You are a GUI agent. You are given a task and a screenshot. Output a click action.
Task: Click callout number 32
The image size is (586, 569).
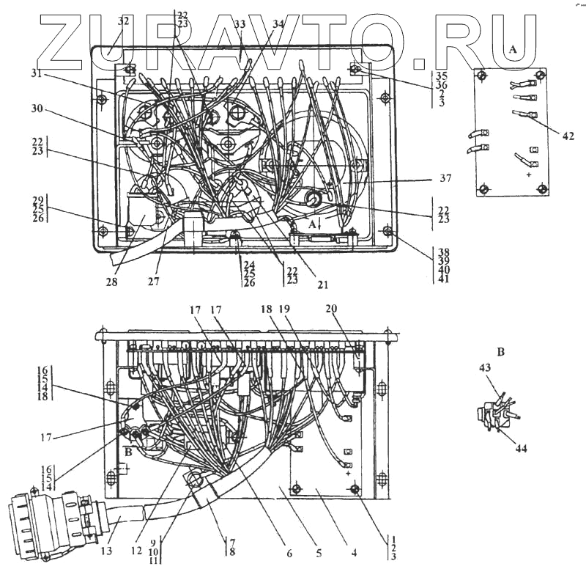click(x=122, y=21)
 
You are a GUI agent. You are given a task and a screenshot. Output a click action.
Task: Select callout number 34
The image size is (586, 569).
click(x=277, y=24)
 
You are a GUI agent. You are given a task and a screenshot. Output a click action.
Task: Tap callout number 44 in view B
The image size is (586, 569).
click(x=522, y=448)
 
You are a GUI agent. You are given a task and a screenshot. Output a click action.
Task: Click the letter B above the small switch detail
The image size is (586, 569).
click(x=501, y=353)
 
